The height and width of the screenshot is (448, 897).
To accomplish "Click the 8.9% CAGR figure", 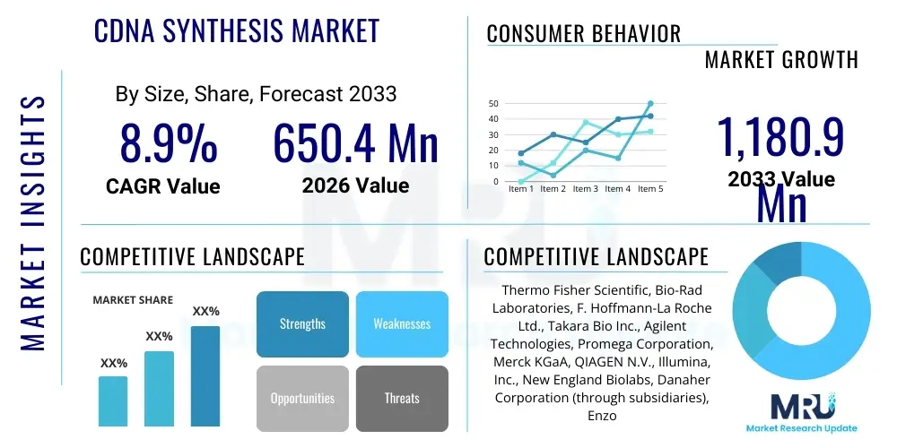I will coord(169,144).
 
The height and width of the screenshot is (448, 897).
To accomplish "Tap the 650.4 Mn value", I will coord(355,144).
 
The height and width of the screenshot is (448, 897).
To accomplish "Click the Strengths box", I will coord(302,323).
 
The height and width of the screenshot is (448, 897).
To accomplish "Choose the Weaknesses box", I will coord(402,323).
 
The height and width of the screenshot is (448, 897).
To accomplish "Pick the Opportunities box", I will coord(302,398).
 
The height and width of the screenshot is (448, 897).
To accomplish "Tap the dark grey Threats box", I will coord(402,398).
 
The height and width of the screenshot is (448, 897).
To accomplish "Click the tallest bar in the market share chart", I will coord(205,375).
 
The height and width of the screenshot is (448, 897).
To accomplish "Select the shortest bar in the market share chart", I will coord(113,401).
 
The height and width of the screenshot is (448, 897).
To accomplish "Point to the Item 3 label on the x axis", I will coord(586,189).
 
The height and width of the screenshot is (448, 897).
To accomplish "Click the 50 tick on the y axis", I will coord(493,104).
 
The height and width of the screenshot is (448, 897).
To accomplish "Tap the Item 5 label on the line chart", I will coord(649,189).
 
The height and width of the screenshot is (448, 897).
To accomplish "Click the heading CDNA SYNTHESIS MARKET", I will coord(237,31).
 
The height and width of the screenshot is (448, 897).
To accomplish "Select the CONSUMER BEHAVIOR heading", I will coord(584,34).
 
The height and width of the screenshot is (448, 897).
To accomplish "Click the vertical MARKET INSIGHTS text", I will coord(33,220).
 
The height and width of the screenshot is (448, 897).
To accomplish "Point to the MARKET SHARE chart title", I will coord(133,300).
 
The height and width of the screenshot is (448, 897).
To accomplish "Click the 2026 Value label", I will coord(355,186).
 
